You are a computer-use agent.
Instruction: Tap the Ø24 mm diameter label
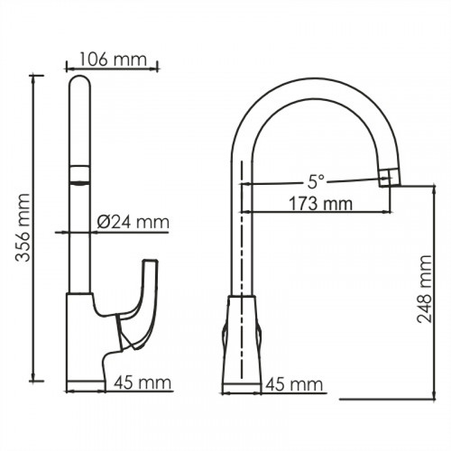[x=133, y=221]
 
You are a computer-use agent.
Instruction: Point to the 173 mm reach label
[x=318, y=203]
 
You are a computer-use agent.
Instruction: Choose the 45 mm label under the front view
[x=294, y=384]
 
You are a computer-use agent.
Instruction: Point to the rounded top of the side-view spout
[x=80, y=86]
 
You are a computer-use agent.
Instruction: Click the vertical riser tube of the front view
[x=243, y=225]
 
